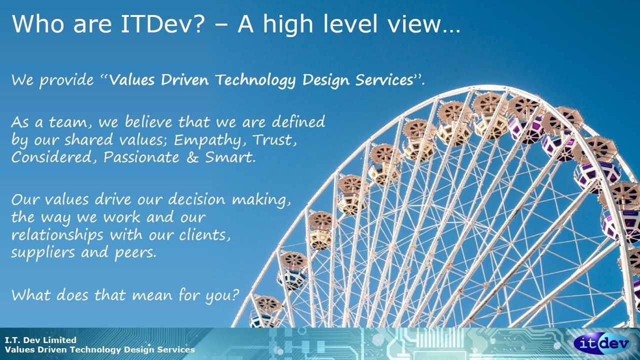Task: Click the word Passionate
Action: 141,157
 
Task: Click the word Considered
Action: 55,157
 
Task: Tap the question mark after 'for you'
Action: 235,294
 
